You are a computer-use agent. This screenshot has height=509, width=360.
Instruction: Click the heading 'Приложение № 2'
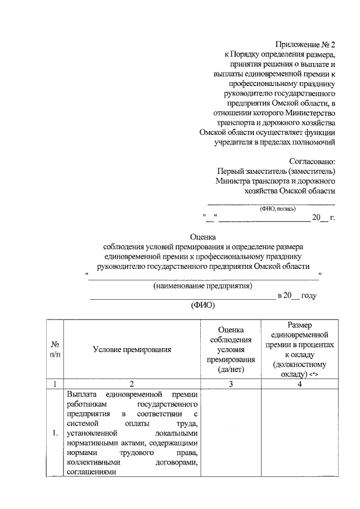point(305,44)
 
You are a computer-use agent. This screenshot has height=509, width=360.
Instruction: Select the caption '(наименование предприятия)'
point(203,286)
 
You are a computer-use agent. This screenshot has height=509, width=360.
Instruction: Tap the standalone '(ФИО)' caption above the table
point(204,307)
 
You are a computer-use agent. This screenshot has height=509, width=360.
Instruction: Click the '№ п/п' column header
point(56,349)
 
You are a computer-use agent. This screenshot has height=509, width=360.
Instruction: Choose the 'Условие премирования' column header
point(132,349)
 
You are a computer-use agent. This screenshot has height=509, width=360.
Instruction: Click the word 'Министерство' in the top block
point(311,113)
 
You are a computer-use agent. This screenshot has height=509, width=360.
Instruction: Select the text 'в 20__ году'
point(298,296)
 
